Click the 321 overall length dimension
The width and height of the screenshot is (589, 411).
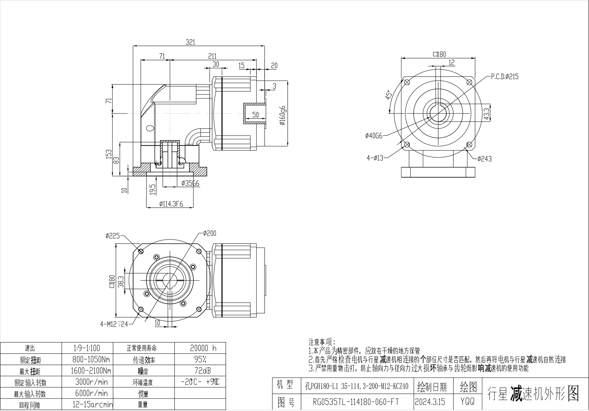pos(190,42)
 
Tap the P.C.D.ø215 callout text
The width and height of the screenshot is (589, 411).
pos(505,76)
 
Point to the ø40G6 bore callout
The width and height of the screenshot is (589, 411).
pos(374,136)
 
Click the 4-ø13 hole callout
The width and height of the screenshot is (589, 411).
pos(375,158)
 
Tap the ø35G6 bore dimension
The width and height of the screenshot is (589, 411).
pos(190,183)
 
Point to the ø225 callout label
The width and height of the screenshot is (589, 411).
pos(113,235)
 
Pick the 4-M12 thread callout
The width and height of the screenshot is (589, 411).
pos(114,324)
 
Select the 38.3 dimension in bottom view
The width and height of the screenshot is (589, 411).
pos(121,282)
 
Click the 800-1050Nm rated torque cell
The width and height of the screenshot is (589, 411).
pos(91,359)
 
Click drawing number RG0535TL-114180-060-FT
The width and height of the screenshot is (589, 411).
pos(356,401)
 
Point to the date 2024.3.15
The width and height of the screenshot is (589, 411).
pos(430,401)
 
